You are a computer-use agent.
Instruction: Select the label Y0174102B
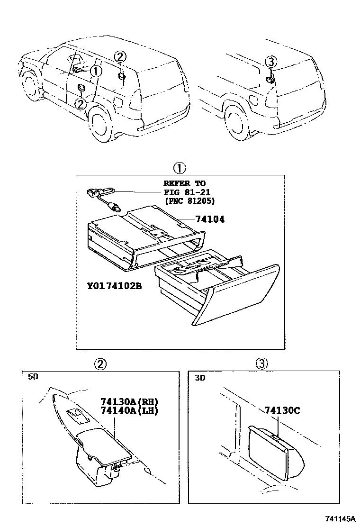[115, 286]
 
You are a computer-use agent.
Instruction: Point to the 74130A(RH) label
[129, 401]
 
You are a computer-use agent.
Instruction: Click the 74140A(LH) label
[129, 410]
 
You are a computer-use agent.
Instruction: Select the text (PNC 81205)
[189, 200]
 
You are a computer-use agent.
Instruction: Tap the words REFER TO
[185, 183]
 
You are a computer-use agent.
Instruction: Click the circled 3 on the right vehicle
[270, 62]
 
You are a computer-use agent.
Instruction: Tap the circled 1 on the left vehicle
[96, 72]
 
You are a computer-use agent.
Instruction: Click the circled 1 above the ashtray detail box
[179, 168]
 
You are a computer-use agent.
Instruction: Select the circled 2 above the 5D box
[100, 364]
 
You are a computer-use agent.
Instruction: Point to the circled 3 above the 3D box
[262, 364]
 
